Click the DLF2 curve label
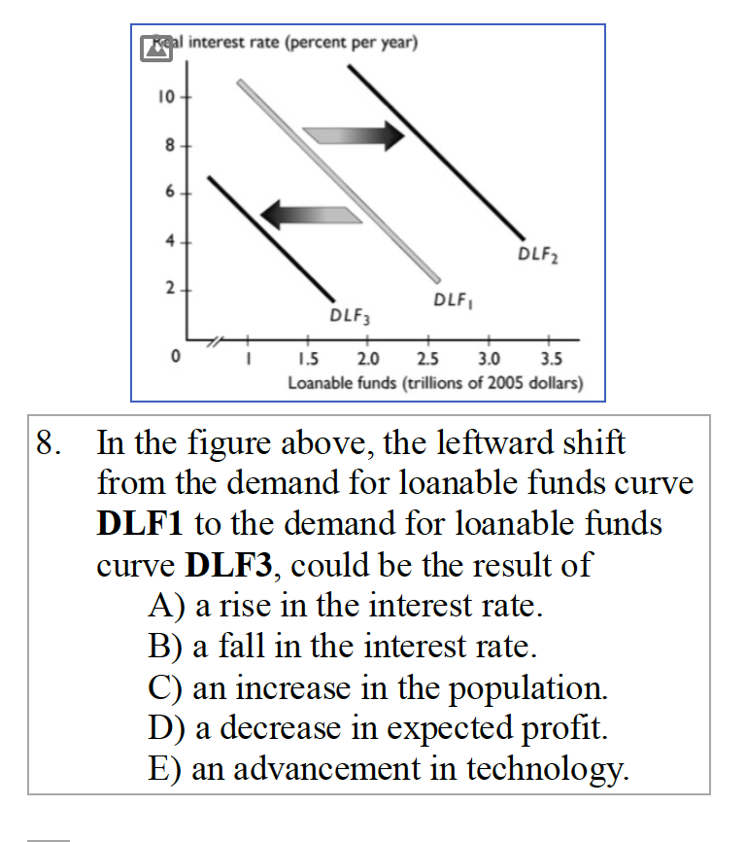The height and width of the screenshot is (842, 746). pyautogui.click(x=537, y=256)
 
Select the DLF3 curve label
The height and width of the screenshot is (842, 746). pyautogui.click(x=350, y=315)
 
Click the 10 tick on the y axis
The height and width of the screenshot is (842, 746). pyautogui.click(x=164, y=98)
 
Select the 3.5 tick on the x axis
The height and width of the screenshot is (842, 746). pyautogui.click(x=549, y=364)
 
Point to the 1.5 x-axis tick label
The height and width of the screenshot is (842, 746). pyautogui.click(x=307, y=364)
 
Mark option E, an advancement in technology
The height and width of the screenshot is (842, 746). pyautogui.click(x=389, y=768)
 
